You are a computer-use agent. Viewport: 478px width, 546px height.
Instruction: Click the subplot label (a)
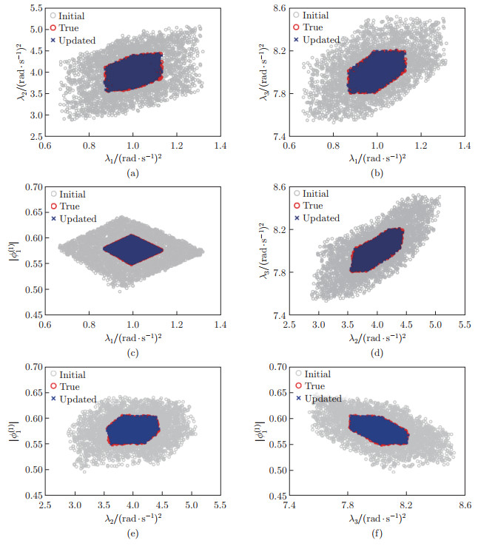click(x=132, y=173)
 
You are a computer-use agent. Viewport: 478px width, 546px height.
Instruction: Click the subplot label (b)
click(x=376, y=173)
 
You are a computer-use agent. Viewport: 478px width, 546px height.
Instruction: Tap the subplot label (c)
click(x=132, y=352)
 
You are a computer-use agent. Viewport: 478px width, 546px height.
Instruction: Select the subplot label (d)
click(x=376, y=352)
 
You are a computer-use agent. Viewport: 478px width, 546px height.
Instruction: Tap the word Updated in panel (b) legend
click(x=321, y=39)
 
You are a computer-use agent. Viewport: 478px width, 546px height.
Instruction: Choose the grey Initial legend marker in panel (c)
click(x=53, y=194)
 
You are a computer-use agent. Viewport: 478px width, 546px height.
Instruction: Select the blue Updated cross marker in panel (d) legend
click(x=297, y=218)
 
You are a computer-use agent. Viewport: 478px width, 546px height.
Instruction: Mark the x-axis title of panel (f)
click(x=376, y=518)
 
